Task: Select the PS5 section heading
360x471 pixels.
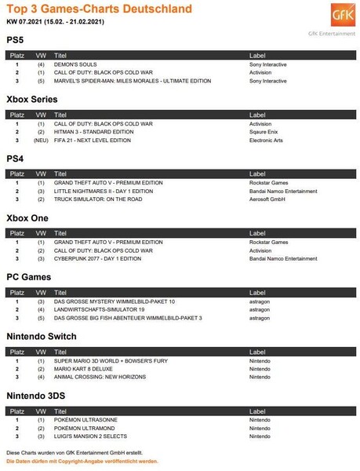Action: pos(15,39)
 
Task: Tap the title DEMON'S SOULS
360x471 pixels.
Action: pos(75,64)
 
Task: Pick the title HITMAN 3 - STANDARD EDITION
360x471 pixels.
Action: pos(94,132)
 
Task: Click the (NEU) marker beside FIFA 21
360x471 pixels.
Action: pos(41,140)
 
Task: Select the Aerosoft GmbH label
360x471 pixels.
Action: pos(267,199)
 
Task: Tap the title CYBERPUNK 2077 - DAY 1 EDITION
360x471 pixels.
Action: pos(97,258)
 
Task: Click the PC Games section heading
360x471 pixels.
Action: pos(29,276)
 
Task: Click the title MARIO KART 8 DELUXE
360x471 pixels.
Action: pos(84,368)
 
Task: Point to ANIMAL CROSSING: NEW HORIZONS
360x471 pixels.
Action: pos(99,377)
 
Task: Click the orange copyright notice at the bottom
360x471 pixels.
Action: pos(82,461)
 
